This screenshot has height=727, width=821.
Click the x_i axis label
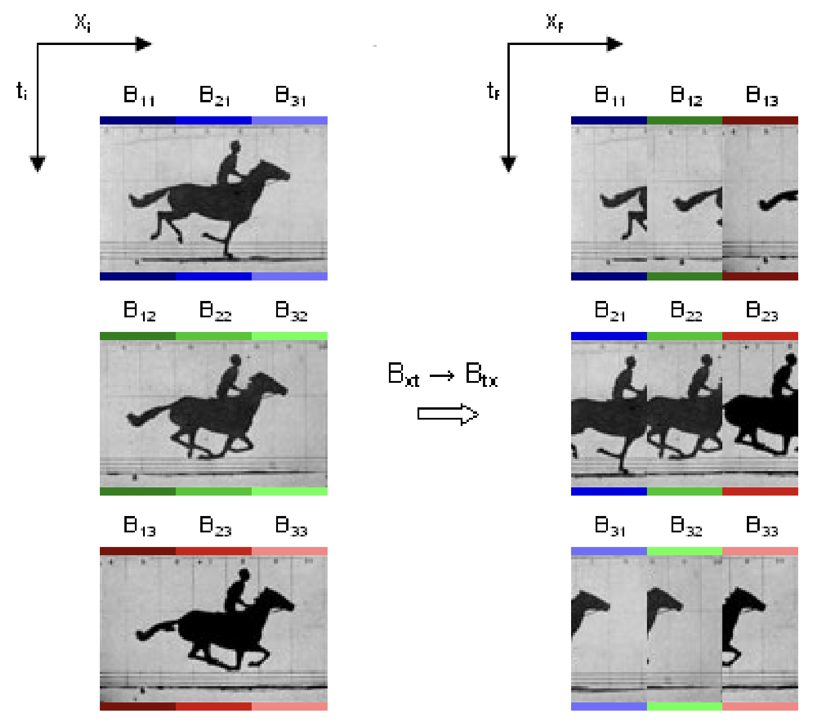click(82, 22)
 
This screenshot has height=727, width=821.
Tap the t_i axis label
click(22, 91)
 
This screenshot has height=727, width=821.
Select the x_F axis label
click(554, 22)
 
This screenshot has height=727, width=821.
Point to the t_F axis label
click(493, 91)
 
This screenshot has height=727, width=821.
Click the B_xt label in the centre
click(403, 374)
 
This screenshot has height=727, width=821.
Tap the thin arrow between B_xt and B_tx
click(442, 375)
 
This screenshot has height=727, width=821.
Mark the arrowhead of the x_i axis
click(144, 44)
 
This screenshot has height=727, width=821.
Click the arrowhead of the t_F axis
click(509, 164)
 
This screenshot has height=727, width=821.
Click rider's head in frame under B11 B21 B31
click(235, 146)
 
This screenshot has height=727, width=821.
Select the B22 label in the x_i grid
click(215, 311)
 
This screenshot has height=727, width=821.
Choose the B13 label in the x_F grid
click(762, 96)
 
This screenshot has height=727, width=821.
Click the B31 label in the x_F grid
click(610, 526)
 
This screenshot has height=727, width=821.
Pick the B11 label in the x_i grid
click(139, 96)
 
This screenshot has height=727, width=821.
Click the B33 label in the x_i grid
click(291, 526)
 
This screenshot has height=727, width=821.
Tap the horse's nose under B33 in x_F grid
click(761, 605)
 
